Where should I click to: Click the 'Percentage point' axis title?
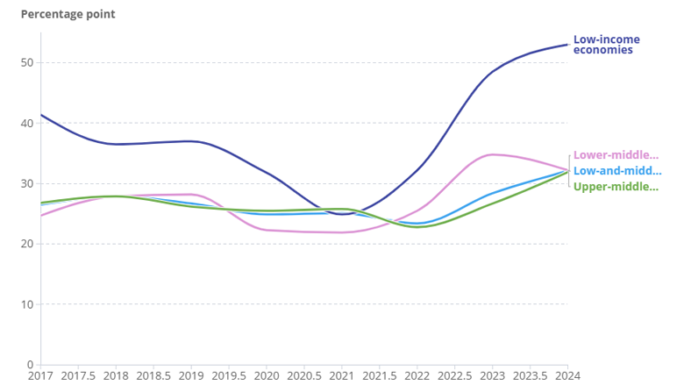click(68, 14)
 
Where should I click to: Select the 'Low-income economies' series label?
click(606, 45)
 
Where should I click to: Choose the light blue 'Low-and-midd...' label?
click(616, 171)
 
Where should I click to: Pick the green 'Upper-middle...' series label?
click(616, 187)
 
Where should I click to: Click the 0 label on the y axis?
click(30, 365)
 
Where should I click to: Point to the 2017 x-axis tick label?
click(40, 375)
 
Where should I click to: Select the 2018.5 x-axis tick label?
click(153, 375)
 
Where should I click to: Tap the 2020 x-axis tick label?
click(267, 375)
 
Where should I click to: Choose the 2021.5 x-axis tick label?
click(380, 375)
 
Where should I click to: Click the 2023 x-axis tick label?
click(492, 375)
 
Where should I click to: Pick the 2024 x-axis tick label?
click(567, 375)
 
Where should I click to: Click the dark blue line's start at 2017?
click(41, 115)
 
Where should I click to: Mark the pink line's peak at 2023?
click(493, 154)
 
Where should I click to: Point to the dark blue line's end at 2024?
click(567, 44)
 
